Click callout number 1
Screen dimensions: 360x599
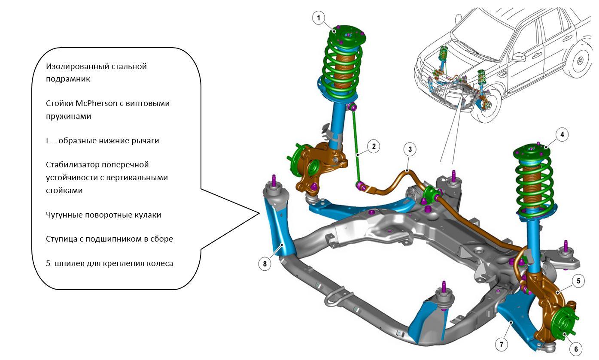tap(318, 18)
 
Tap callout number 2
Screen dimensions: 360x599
tap(374, 146)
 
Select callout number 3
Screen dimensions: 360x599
tap(410, 149)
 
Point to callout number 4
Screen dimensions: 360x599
tap(562, 134)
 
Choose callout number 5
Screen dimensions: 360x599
tap(578, 281)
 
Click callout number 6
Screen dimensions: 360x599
tap(576, 349)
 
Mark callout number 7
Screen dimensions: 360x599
tap(501, 344)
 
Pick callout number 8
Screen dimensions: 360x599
tap(265, 263)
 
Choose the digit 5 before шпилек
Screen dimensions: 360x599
tap(48, 263)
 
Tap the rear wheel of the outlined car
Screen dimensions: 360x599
tap(581, 61)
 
